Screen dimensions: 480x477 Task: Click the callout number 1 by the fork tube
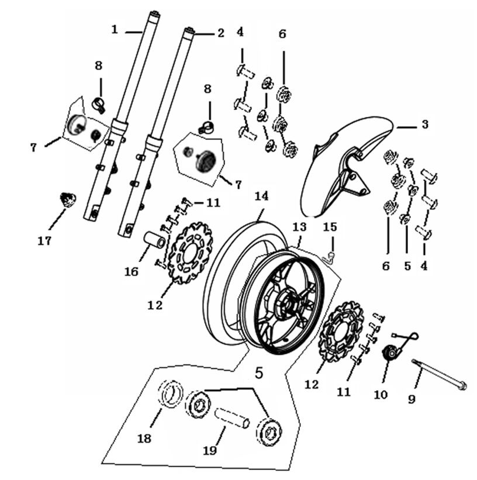click(115, 28)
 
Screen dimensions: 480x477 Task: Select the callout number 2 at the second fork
click(220, 33)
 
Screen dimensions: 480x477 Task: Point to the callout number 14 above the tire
click(261, 196)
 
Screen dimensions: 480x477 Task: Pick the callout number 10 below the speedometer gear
click(380, 395)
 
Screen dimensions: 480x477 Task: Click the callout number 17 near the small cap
click(45, 240)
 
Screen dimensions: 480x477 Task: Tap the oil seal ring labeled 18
click(170, 393)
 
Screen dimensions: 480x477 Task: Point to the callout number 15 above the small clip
click(330, 226)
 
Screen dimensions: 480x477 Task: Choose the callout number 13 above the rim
click(299, 226)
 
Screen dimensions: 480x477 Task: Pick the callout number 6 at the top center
click(282, 34)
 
